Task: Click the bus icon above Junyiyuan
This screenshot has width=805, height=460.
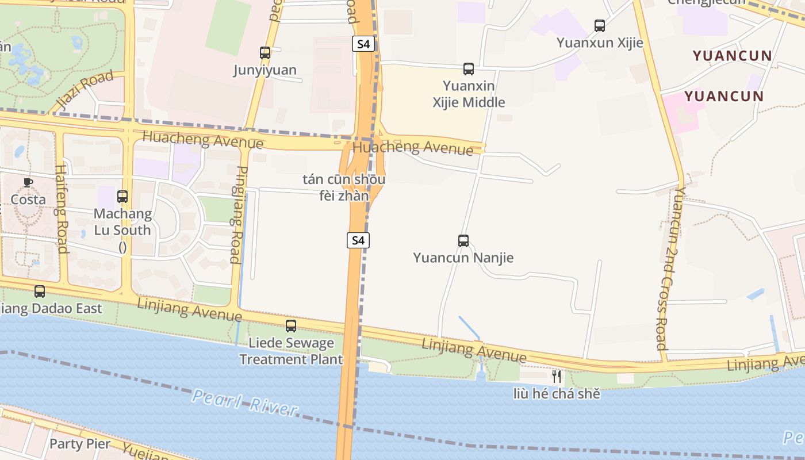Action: click(264, 53)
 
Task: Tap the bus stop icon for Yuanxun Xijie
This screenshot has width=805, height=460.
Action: click(600, 26)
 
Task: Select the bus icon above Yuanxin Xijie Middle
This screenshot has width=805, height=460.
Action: click(469, 69)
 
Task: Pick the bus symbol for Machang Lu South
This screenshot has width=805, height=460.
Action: click(122, 197)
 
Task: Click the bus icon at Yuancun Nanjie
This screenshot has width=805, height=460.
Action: click(463, 241)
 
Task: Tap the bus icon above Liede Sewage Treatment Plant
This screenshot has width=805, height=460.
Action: click(291, 326)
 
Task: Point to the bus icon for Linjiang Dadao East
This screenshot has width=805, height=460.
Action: click(40, 292)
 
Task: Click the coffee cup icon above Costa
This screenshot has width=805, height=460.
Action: click(28, 182)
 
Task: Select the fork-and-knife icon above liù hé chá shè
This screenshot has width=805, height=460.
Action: click(556, 377)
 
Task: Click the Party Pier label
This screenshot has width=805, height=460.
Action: click(79, 444)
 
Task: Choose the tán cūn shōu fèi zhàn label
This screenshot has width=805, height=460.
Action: click(344, 187)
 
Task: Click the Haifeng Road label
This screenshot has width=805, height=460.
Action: click(62, 209)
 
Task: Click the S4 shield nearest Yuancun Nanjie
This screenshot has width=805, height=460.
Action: click(358, 240)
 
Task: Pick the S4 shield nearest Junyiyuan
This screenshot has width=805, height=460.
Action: click(363, 44)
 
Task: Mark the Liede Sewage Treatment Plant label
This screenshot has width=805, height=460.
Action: click(291, 351)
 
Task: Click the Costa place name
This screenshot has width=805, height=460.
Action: click(28, 200)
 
